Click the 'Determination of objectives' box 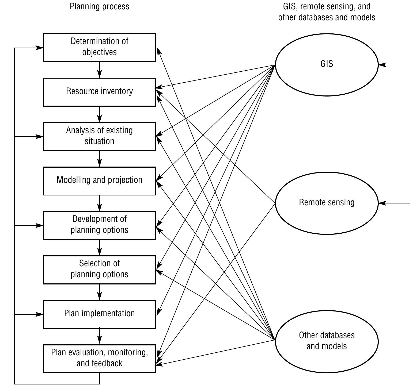coord(99,48)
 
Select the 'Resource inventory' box coord(99,92)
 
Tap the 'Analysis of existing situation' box coord(99,136)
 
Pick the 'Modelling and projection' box coord(99,181)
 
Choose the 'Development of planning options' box coord(99,225)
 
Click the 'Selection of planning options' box coord(99,269)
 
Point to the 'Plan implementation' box coord(99,314)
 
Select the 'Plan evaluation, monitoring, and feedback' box coord(99,358)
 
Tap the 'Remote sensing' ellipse coord(327,203)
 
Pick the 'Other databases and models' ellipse coord(327,341)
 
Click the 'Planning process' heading coord(99,6)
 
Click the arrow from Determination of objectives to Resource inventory coord(100,70)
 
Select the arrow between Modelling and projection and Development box coord(100,203)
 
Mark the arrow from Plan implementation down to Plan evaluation coord(100,336)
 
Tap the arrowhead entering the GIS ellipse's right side coord(382,65)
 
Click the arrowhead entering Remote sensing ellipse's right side coord(382,203)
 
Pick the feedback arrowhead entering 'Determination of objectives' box coord(40,48)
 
